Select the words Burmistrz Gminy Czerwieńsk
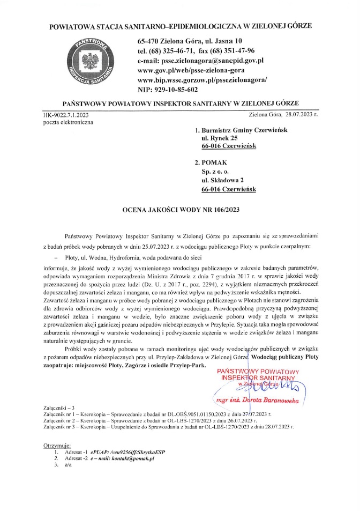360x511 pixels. point(241,129)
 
